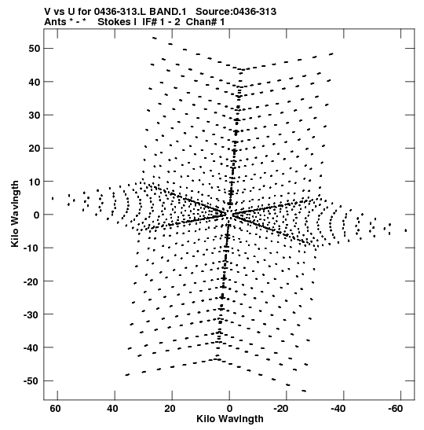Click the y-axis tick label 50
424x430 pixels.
point(34,49)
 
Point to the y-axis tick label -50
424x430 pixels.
point(31,381)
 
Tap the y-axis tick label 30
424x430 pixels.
point(34,116)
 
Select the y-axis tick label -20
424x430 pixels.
point(31,281)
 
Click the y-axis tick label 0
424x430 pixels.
point(37,215)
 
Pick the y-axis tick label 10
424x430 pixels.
point(34,182)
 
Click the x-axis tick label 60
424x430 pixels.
point(55,409)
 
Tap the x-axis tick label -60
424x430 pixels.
point(395,409)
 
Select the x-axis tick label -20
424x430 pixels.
point(280,409)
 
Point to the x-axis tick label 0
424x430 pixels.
point(229,409)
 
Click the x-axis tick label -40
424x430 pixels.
point(338,409)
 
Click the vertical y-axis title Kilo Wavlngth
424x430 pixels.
point(15,214)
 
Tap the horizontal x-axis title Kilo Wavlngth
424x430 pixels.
point(230,419)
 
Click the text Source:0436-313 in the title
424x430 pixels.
point(236,12)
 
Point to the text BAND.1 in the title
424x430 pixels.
point(167,12)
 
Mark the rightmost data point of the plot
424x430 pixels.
point(406,230)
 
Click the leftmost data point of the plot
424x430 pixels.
point(53,198)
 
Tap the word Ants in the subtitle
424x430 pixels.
point(55,22)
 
